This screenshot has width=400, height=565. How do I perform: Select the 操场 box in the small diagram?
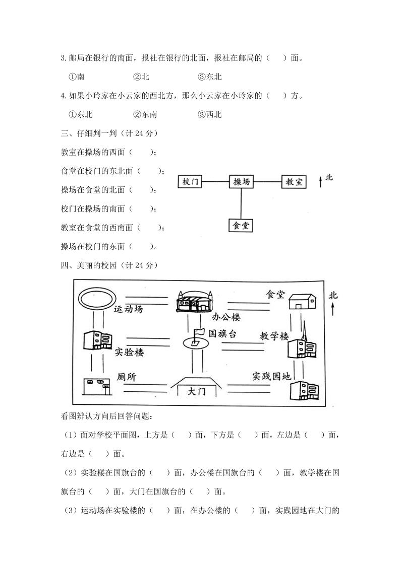pyautogui.click(x=242, y=182)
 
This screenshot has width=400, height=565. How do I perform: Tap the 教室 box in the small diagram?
pyautogui.click(x=294, y=182)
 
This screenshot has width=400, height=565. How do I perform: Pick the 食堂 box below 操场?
pyautogui.click(x=241, y=225)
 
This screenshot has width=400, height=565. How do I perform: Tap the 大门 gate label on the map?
pyautogui.click(x=197, y=391)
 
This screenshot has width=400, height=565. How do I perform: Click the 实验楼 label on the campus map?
pyautogui.click(x=129, y=352)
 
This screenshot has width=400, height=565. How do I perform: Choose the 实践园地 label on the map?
pyautogui.click(x=272, y=376)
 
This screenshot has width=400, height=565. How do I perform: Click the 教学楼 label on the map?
pyautogui.click(x=274, y=335)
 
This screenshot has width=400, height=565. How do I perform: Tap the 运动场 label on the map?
pyautogui.click(x=128, y=309)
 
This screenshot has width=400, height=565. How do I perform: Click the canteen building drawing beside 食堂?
pyautogui.click(x=302, y=301)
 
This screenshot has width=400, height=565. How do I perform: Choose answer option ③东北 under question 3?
pyautogui.click(x=210, y=77)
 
